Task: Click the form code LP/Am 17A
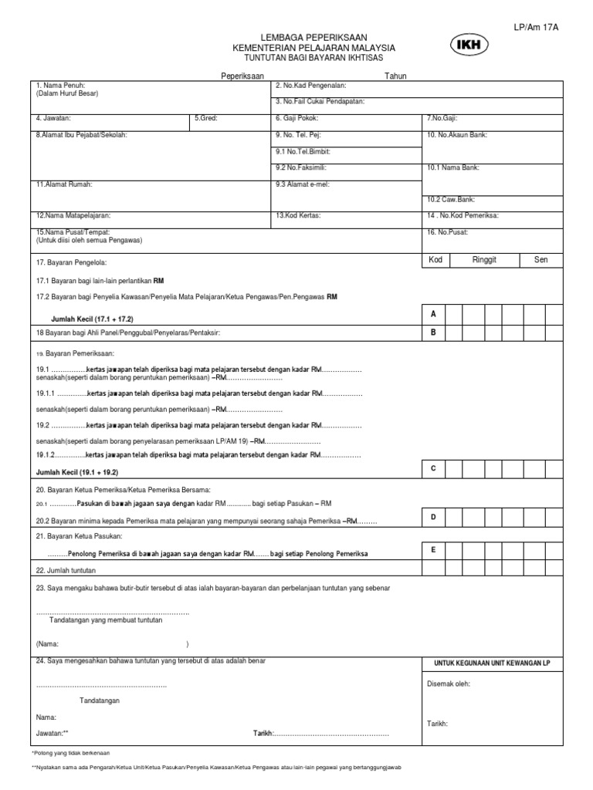[537, 27]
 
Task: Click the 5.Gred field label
[206, 119]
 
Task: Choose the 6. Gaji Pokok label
[296, 119]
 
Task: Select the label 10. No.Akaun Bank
[457, 135]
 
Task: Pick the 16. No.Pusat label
[448, 232]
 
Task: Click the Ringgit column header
[486, 260]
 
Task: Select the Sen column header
[541, 260]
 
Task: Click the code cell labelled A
[433, 314]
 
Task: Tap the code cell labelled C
[433, 468]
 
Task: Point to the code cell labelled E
[433, 549]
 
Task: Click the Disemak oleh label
[449, 684]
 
